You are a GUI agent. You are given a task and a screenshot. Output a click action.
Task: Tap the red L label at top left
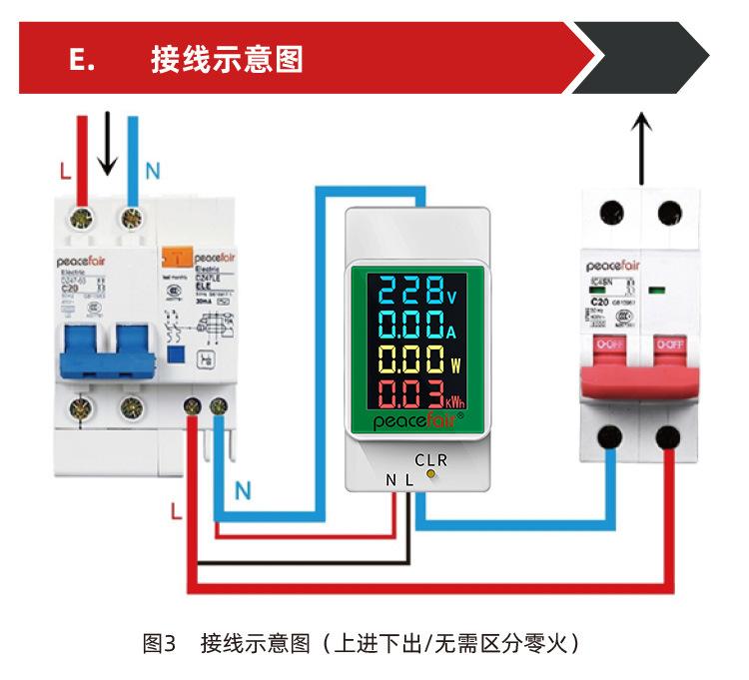65,171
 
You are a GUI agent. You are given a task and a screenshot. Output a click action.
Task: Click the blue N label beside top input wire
152,171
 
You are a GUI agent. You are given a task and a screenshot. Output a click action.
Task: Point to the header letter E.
82,59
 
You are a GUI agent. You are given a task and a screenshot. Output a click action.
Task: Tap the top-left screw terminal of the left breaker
82,215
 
